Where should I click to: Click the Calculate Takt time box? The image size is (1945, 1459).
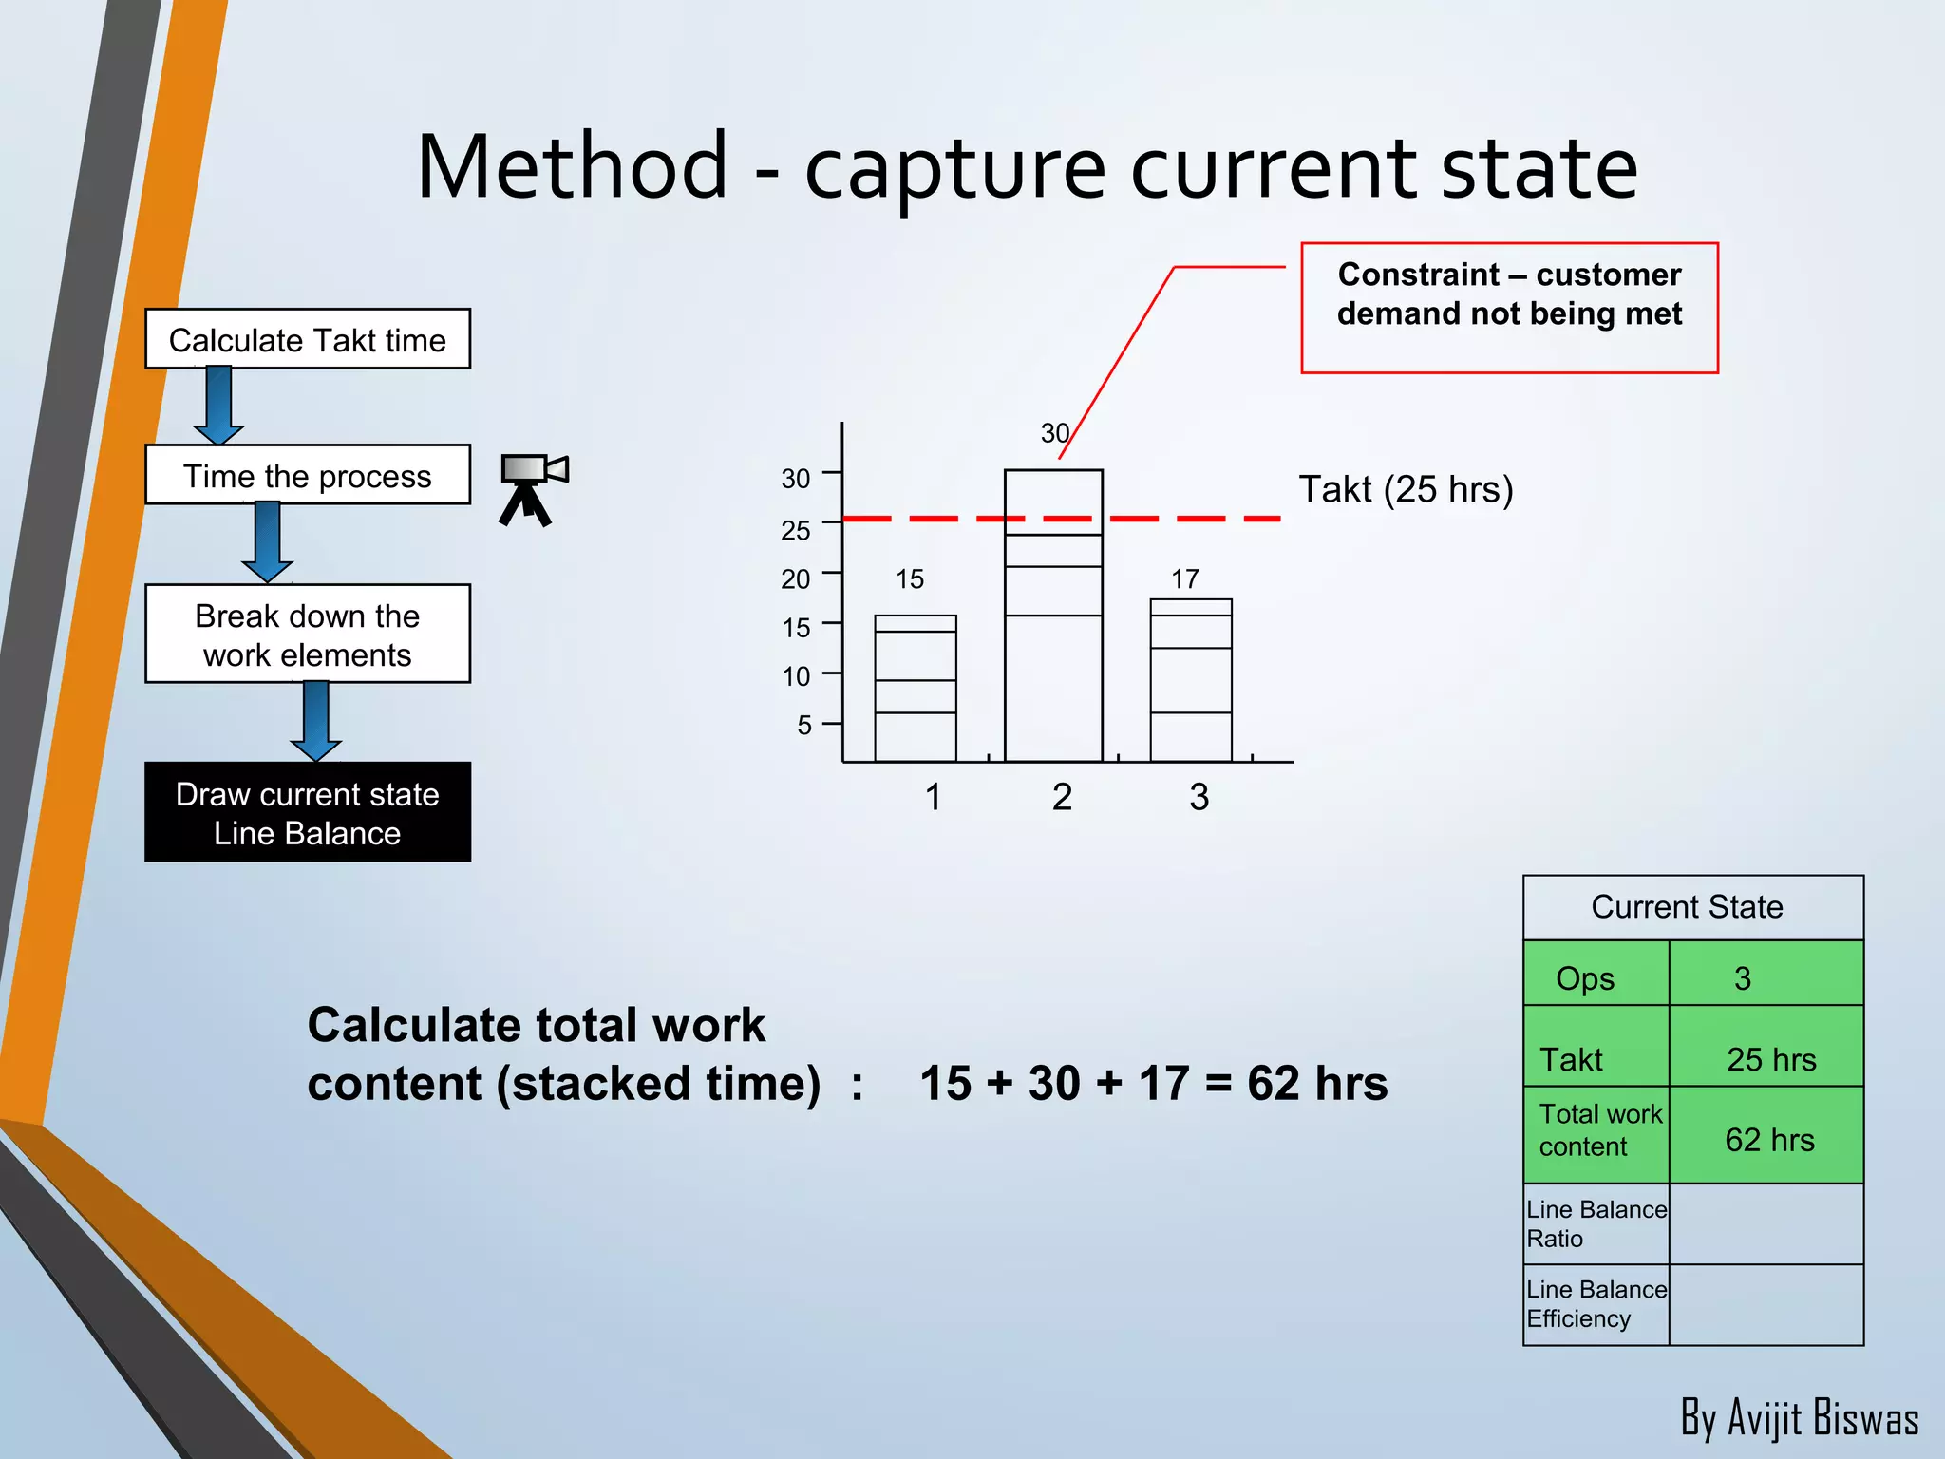pyautogui.click(x=307, y=339)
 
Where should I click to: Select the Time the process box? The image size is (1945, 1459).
pyautogui.click(x=307, y=475)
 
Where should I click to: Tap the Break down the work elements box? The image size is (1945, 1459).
pyautogui.click(x=307, y=635)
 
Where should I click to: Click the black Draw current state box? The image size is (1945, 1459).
pyautogui.click(x=307, y=813)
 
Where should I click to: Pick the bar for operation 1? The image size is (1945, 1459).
pyautogui.click(x=915, y=689)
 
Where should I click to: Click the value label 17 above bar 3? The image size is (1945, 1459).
pyautogui.click(x=1184, y=578)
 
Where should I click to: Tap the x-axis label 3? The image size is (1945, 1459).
pyautogui.click(x=1199, y=797)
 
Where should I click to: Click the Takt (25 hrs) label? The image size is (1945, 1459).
pyautogui.click(x=1405, y=489)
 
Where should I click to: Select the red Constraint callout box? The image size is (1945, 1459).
pyautogui.click(x=1508, y=308)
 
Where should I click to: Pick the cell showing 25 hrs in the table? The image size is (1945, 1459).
pyautogui.click(x=1769, y=1059)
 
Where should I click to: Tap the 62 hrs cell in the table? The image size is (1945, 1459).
pyautogui.click(x=1768, y=1139)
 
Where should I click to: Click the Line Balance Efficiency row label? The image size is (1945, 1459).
pyautogui.click(x=1595, y=1304)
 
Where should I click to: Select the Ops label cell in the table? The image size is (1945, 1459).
pyautogui.click(x=1585, y=978)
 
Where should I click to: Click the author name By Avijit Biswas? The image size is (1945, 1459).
pyautogui.click(x=1798, y=1417)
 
